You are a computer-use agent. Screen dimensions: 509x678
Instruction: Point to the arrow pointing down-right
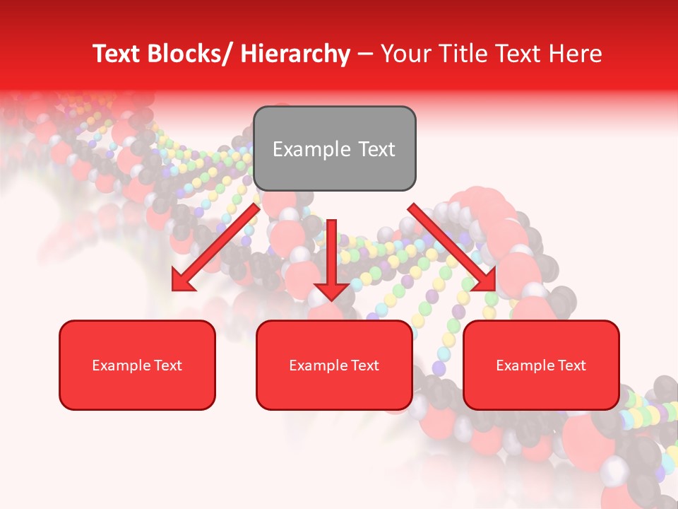pos(452,247)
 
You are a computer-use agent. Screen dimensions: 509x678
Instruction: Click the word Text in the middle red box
pos(364,365)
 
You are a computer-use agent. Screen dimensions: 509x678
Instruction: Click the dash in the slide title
pos(365,54)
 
